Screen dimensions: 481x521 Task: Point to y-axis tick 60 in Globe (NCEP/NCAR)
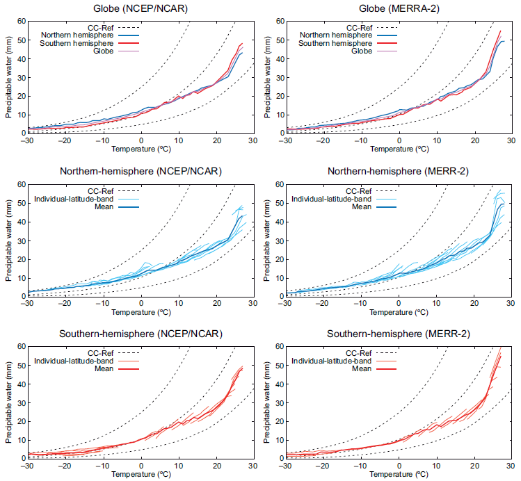click(x=18, y=21)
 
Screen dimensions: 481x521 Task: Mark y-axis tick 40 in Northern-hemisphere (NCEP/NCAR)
click(x=18, y=222)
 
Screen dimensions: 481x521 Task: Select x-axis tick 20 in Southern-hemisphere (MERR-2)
click(x=473, y=466)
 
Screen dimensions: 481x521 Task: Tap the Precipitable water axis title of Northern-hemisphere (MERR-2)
click(x=266, y=240)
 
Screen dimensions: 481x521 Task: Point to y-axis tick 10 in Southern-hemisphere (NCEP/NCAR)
click(x=18, y=439)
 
